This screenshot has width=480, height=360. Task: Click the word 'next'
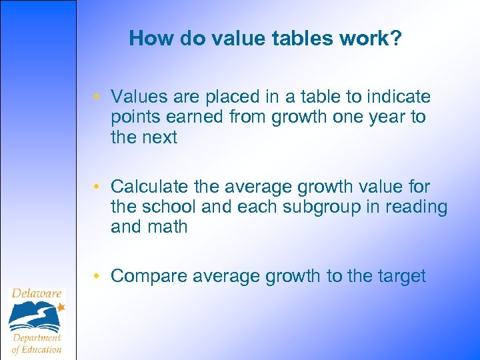tap(161, 138)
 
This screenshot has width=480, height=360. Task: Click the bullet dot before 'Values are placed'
tap(97, 98)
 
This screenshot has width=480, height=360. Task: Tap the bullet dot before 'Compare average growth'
tap(97, 276)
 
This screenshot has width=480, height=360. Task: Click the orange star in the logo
tap(61, 307)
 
